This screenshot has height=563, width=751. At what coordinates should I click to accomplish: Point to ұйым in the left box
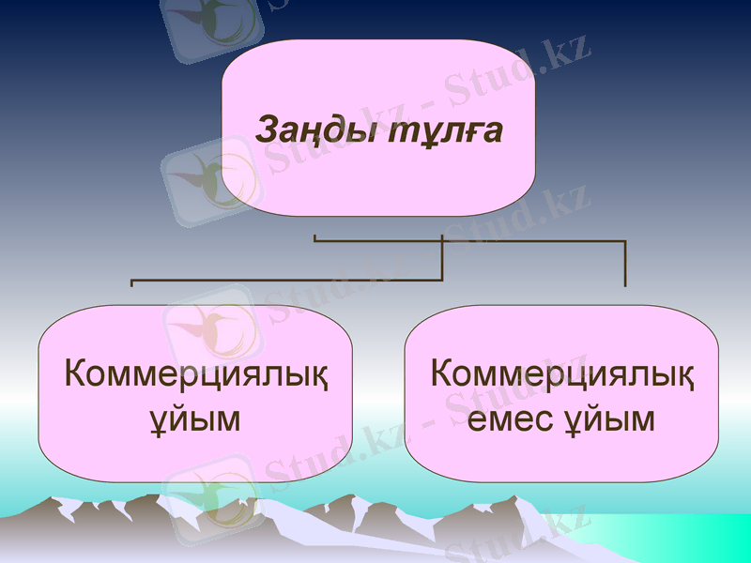click(196, 418)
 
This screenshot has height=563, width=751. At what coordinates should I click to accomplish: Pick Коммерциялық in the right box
click(562, 375)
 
